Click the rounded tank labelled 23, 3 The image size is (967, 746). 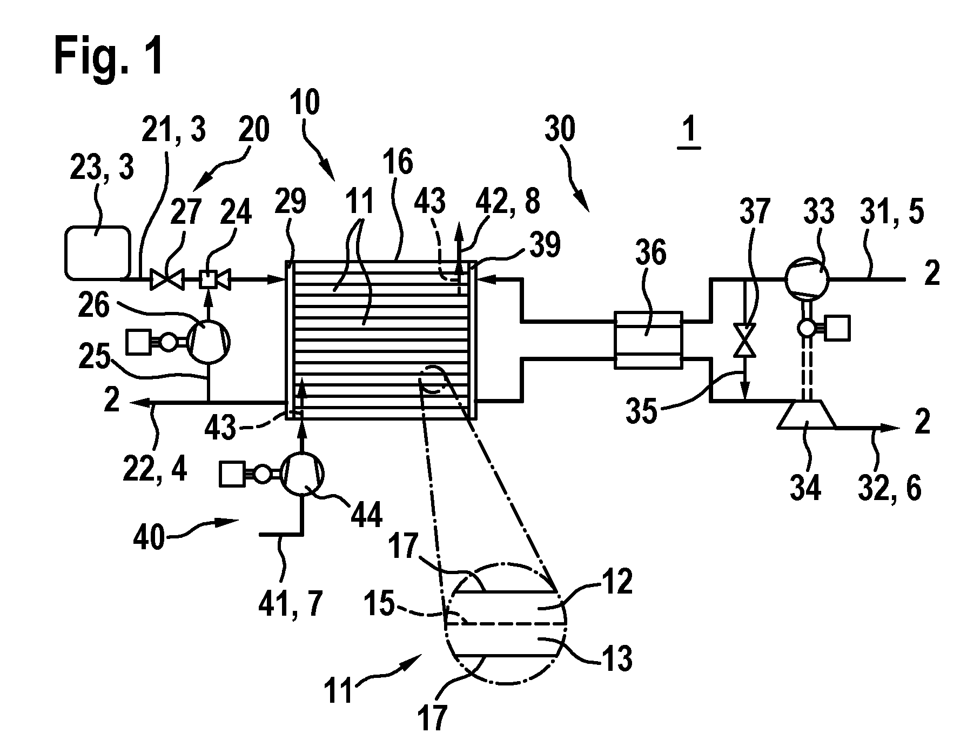tap(98, 252)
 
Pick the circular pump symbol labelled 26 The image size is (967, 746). tap(209, 341)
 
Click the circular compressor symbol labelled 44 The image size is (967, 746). tap(303, 474)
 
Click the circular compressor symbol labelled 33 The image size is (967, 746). tap(806, 279)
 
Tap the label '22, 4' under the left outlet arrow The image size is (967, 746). tap(155, 468)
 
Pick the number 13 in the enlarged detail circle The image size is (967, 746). tap(617, 659)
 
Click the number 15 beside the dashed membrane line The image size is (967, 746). tap(379, 604)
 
